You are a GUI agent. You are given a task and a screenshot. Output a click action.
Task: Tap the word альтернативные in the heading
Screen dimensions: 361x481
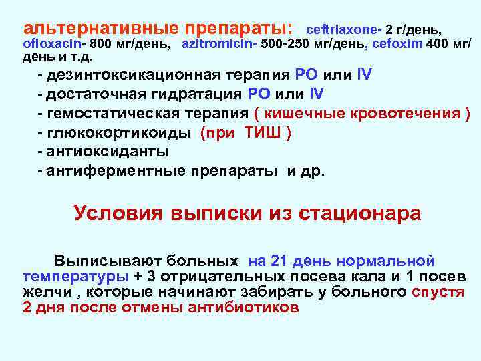tap(100, 29)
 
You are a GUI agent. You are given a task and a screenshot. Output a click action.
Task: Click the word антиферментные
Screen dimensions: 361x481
tap(122, 171)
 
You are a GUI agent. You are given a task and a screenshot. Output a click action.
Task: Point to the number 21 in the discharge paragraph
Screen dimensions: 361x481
tap(288, 261)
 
